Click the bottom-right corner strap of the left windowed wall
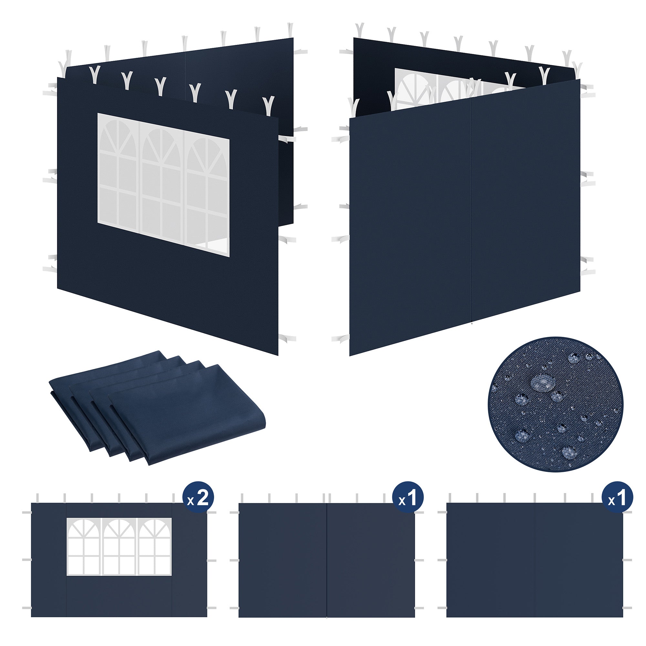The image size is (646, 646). click(x=287, y=338)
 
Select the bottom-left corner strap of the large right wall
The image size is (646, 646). click(x=340, y=338)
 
